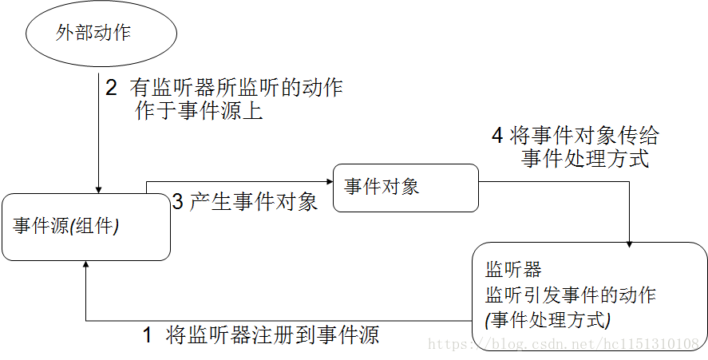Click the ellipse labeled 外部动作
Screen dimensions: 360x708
(93, 34)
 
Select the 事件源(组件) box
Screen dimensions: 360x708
(85, 227)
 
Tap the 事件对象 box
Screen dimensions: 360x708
(405, 188)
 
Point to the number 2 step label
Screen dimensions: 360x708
(111, 87)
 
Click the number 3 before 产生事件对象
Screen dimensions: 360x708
(178, 202)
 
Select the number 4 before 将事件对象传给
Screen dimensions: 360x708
(496, 136)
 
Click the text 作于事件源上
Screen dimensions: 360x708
(200, 111)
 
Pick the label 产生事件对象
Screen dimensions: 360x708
(254, 202)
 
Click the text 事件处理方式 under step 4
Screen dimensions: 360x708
(585, 159)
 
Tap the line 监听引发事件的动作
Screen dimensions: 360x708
(570, 295)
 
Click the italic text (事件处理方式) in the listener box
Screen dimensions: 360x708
(548, 320)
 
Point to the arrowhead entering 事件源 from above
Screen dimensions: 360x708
(97, 189)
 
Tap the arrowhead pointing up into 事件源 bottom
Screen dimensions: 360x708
(85, 265)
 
